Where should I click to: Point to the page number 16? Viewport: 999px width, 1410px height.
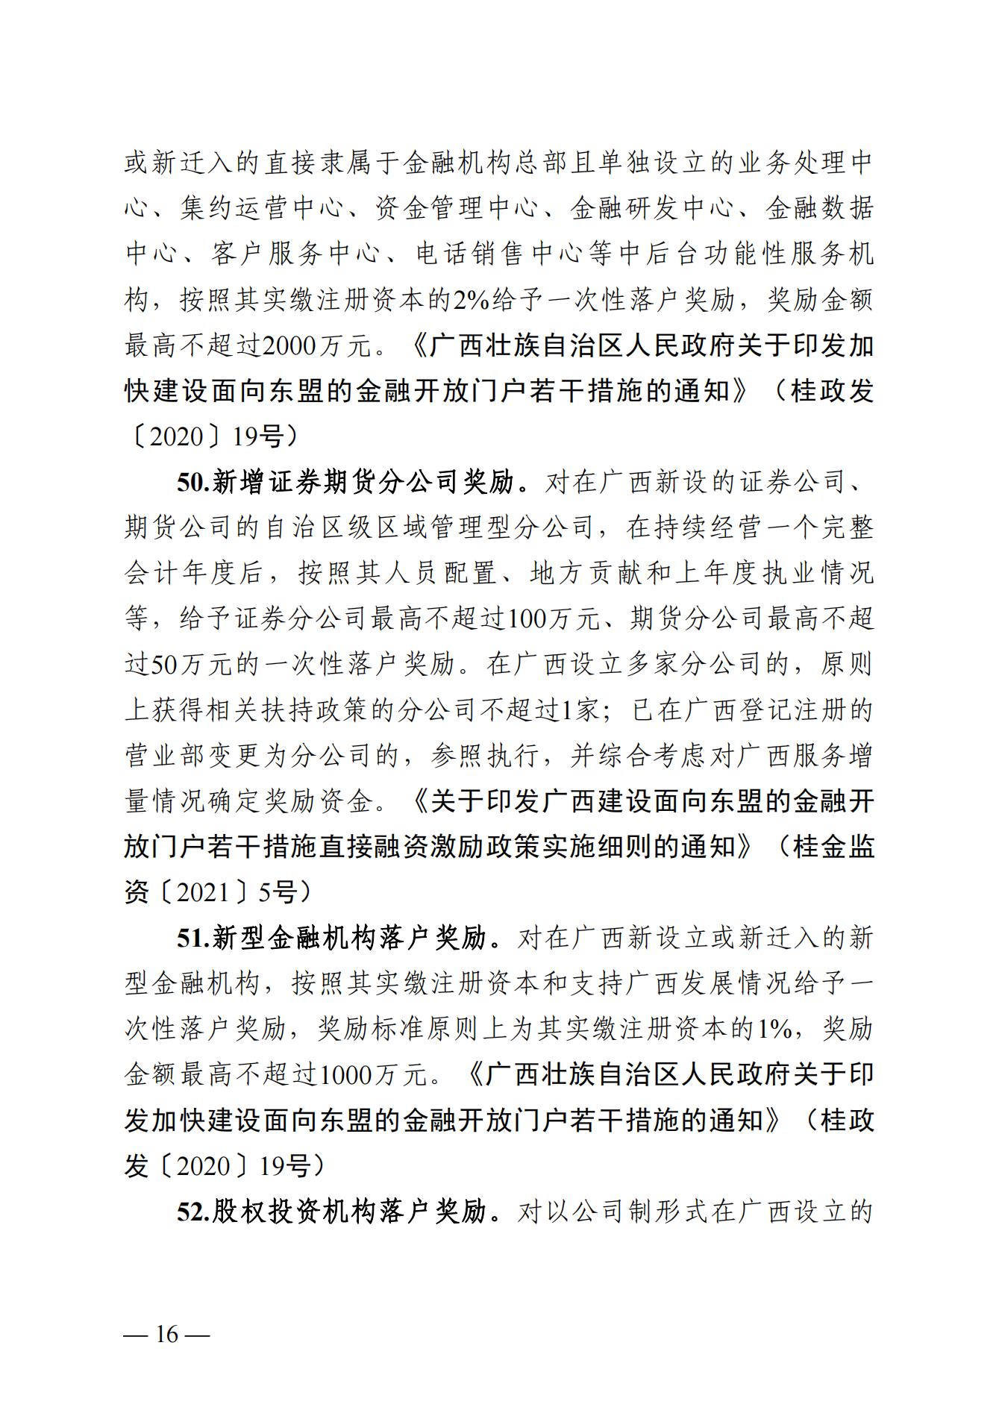pos(166,1334)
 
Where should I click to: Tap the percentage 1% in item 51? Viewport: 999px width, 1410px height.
pos(774,1029)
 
